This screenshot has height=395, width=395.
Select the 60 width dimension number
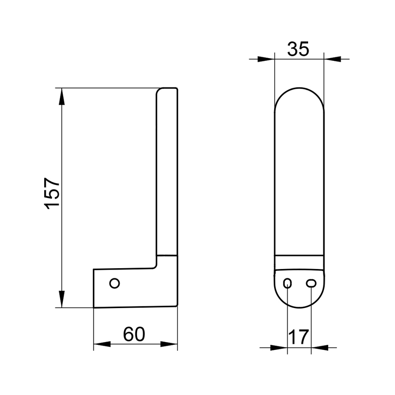coord(135,334)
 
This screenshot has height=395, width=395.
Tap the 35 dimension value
coord(298,49)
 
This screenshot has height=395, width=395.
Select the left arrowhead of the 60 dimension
coord(101,344)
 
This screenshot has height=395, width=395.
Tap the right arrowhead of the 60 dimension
coord(170,344)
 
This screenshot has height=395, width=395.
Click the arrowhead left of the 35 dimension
coord(266,59)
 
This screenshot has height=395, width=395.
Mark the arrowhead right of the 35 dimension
coord(331,59)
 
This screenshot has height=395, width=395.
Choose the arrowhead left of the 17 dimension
coord(280,348)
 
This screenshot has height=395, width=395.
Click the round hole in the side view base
coord(114,283)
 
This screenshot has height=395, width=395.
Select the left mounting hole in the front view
coord(288,283)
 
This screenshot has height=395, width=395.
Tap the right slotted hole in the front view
coord(310,283)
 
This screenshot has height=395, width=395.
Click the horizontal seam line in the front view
coord(299,255)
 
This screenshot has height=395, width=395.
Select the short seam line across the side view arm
coord(167,255)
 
